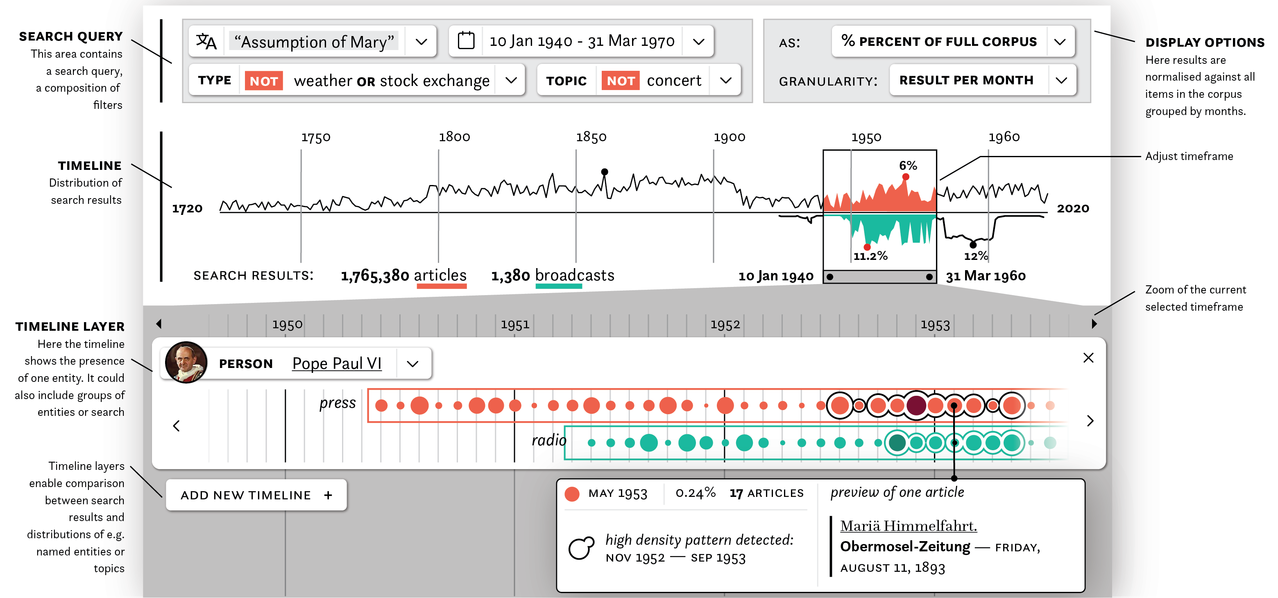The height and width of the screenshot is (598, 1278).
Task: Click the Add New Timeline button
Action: (x=256, y=495)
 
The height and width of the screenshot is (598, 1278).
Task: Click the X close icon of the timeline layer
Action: (x=1088, y=357)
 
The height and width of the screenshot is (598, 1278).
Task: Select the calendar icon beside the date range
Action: (x=466, y=41)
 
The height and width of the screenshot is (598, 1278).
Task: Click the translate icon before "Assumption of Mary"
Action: (x=206, y=41)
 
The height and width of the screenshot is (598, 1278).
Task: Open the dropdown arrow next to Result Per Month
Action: (x=1061, y=80)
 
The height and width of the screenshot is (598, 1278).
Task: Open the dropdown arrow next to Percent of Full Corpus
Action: (x=1060, y=42)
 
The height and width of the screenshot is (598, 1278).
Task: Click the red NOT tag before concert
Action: (x=620, y=81)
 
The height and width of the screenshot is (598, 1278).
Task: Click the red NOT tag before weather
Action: (x=263, y=81)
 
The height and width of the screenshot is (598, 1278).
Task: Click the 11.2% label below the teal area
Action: (x=870, y=256)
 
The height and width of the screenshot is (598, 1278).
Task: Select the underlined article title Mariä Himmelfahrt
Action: (x=908, y=526)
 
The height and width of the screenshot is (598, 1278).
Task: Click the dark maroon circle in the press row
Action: (x=916, y=405)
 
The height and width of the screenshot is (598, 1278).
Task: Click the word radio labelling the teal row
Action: (x=549, y=440)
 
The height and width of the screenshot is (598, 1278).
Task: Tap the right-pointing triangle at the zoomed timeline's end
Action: (x=1094, y=324)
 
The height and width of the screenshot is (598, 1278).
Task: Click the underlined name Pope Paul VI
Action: (x=337, y=363)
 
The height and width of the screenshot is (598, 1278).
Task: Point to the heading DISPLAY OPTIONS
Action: (x=1205, y=43)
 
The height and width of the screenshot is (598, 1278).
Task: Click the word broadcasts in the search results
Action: (x=575, y=275)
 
